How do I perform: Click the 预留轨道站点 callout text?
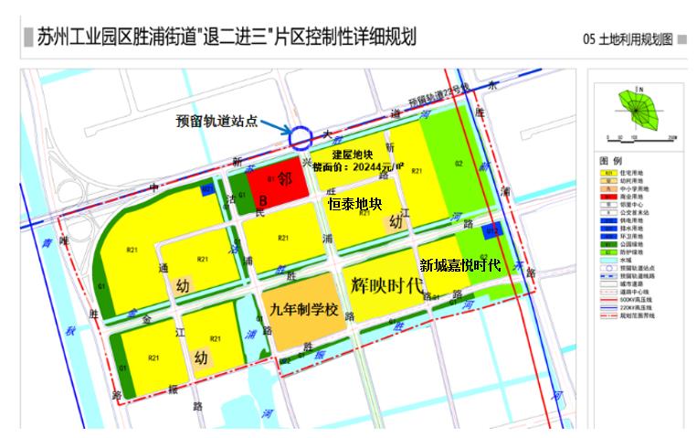(x=217, y=122)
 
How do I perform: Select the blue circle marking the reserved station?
(x=301, y=138)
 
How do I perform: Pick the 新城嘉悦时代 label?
(x=459, y=265)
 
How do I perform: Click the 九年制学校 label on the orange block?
(x=304, y=308)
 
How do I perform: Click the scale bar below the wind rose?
(x=639, y=139)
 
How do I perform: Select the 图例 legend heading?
(x=610, y=160)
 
